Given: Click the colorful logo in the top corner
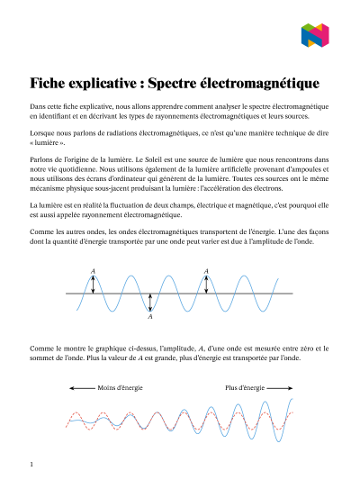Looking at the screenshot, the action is pos(314,35).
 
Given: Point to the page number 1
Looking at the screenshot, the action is pos(31,464).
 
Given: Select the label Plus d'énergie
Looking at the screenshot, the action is pos(245,388).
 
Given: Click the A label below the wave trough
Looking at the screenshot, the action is pos(150,317).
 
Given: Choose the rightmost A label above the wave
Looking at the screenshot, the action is pos(207,270).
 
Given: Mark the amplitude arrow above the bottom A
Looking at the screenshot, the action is pos(150,303).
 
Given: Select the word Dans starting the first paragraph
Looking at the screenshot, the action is pos(39,106).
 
